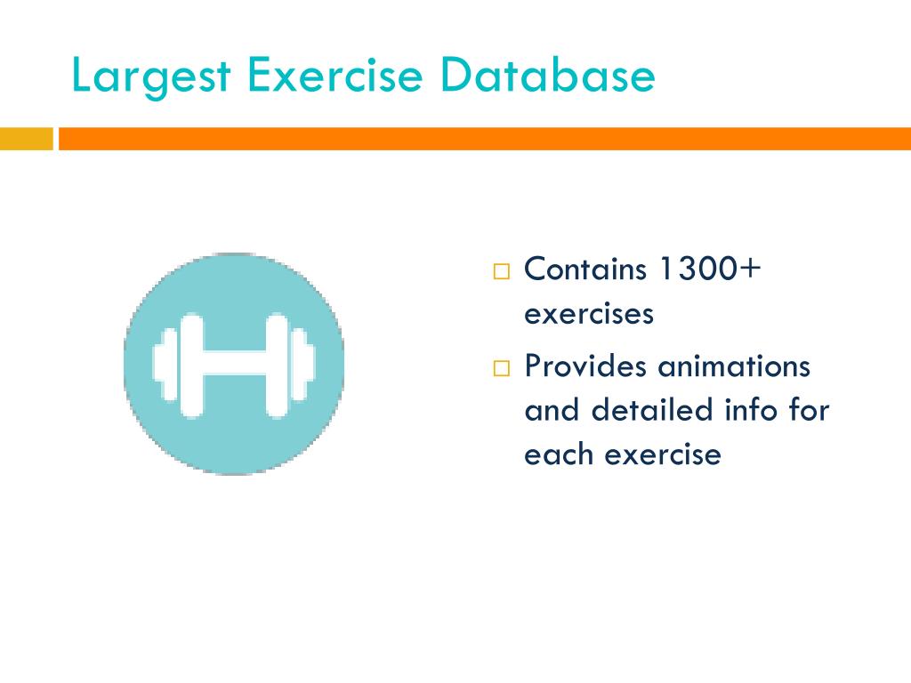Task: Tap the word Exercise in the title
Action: [x=334, y=76]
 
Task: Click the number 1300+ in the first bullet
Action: [x=708, y=269]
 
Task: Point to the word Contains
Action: [x=584, y=269]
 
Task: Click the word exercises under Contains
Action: [x=589, y=314]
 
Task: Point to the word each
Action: [x=559, y=454]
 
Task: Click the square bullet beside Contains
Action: [x=501, y=270]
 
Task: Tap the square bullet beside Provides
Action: [x=501, y=367]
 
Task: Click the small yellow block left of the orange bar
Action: [x=26, y=140]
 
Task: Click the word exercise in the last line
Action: [x=662, y=454]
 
